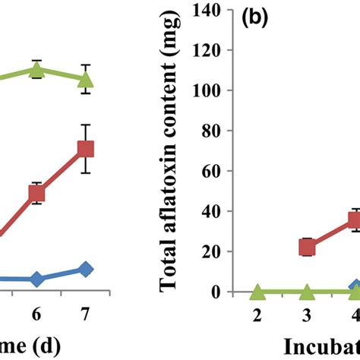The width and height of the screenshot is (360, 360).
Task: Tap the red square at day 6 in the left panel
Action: point(36,194)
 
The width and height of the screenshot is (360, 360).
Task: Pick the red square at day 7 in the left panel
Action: point(86,149)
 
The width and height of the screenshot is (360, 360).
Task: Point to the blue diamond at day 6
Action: point(36,279)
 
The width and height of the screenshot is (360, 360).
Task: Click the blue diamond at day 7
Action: point(86,269)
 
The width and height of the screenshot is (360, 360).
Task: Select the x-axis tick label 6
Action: point(36,313)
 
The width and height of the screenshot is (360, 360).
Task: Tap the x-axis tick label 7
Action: point(86,313)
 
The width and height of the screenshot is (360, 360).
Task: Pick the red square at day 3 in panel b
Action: point(307,247)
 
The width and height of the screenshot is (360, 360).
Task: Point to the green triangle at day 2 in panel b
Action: point(257,292)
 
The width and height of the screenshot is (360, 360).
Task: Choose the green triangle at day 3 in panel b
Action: point(307,292)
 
